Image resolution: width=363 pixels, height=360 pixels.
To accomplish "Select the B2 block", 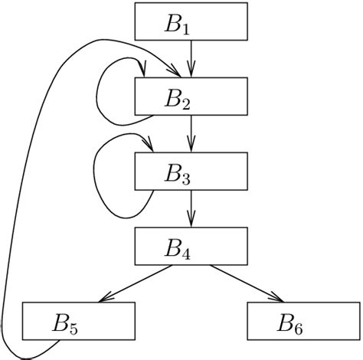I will pyautogui.click(x=192, y=97).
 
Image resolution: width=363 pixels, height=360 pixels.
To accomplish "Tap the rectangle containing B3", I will pyautogui.click(x=192, y=171).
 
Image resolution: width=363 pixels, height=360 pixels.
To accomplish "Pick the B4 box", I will pyautogui.click(x=192, y=246).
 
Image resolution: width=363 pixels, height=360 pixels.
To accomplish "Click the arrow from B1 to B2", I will pyautogui.click(x=192, y=58).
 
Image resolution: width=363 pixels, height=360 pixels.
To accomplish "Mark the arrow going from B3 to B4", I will pyautogui.click(x=192, y=208).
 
